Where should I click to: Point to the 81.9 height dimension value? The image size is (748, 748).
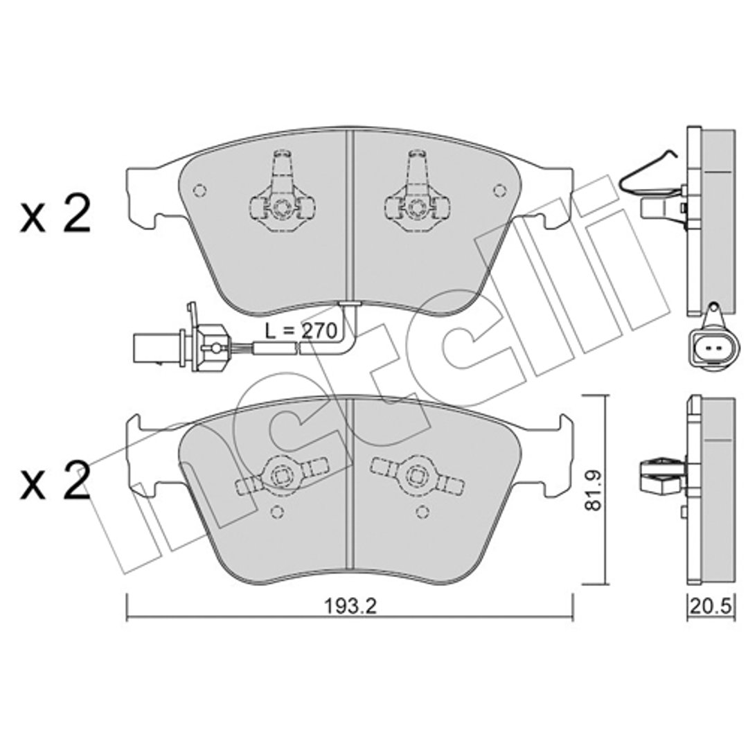[594, 490]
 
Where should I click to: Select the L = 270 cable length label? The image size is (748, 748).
[301, 330]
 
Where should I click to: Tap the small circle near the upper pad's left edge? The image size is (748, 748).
[200, 190]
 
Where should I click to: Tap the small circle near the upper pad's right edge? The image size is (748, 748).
[499, 190]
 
